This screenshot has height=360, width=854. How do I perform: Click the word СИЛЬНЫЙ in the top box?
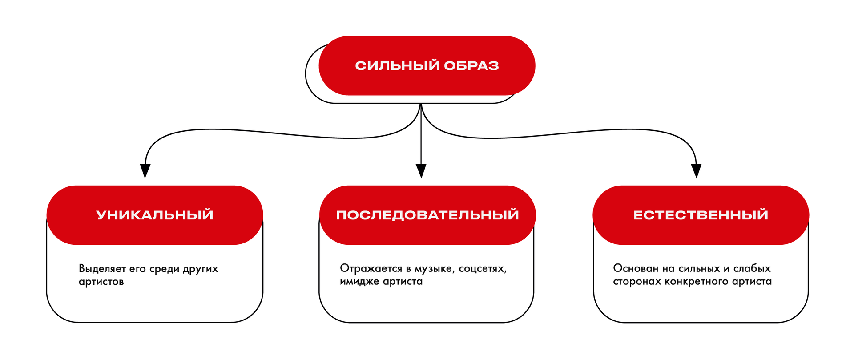pyautogui.click(x=397, y=66)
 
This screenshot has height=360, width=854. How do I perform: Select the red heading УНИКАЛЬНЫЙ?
pyautogui.click(x=155, y=215)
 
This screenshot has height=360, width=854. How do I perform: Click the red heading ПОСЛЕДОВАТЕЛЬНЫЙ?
pyautogui.click(x=427, y=215)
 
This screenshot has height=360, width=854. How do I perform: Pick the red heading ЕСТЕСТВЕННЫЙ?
pyautogui.click(x=701, y=215)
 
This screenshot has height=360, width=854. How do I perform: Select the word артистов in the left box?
pyautogui.click(x=101, y=282)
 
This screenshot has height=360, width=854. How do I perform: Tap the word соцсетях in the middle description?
pyautogui.click(x=483, y=268)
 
